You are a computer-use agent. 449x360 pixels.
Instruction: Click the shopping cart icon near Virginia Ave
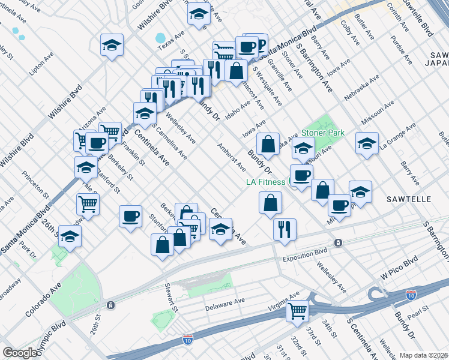[298, 311]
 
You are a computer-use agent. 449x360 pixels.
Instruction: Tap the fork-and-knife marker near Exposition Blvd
[284, 229]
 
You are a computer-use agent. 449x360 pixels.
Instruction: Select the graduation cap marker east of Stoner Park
[367, 143]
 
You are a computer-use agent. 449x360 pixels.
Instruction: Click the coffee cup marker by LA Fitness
[302, 175]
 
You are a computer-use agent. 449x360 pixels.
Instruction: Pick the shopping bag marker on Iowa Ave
[268, 143]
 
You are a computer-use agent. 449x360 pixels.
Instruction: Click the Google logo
[19, 353]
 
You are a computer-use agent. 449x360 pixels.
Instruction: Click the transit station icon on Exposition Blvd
[338, 243]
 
